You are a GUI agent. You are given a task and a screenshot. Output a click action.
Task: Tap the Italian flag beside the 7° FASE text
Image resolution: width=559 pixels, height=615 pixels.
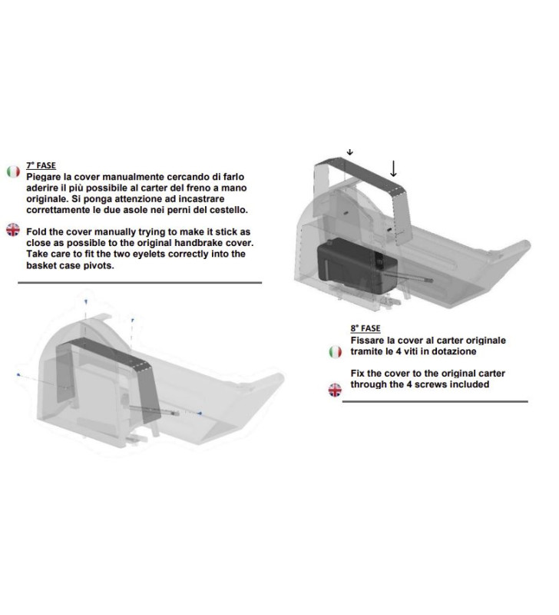pyautogui.click(x=12, y=171)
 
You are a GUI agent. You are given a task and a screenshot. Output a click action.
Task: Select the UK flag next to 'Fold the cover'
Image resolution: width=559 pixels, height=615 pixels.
pyautogui.click(x=12, y=231)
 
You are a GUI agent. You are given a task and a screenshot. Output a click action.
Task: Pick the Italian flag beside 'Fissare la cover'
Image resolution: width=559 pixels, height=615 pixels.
pyautogui.click(x=335, y=351)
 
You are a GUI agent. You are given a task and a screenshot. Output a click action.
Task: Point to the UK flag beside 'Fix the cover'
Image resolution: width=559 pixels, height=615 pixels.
pyautogui.click(x=335, y=390)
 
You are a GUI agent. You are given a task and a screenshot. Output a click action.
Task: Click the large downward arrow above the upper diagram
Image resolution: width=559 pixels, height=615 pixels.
pyautogui.click(x=394, y=168)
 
